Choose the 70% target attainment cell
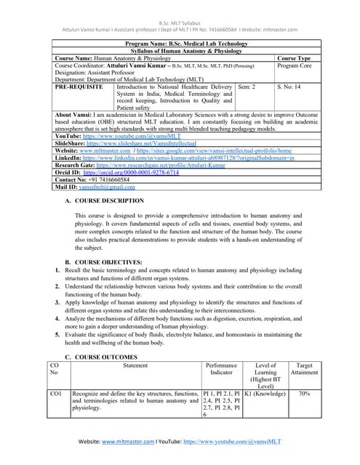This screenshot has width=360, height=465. [x=303, y=393]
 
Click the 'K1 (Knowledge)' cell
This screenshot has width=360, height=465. [x=265, y=393]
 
